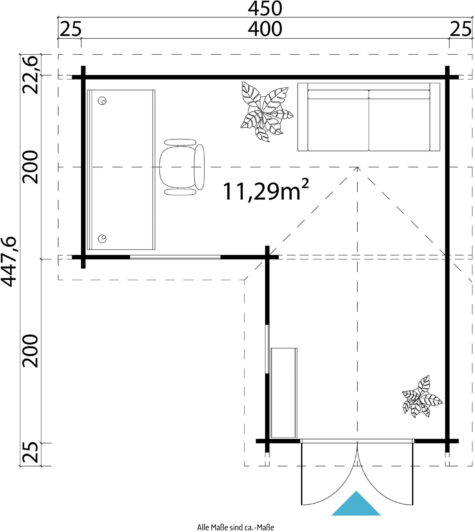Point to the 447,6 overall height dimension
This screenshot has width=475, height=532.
coord(9,262)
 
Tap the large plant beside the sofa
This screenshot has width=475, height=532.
coord(266,112)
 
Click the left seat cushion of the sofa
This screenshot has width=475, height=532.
coord(338,120)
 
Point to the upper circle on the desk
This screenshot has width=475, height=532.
coord(102,101)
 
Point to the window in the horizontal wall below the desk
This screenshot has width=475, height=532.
coord(175,257)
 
